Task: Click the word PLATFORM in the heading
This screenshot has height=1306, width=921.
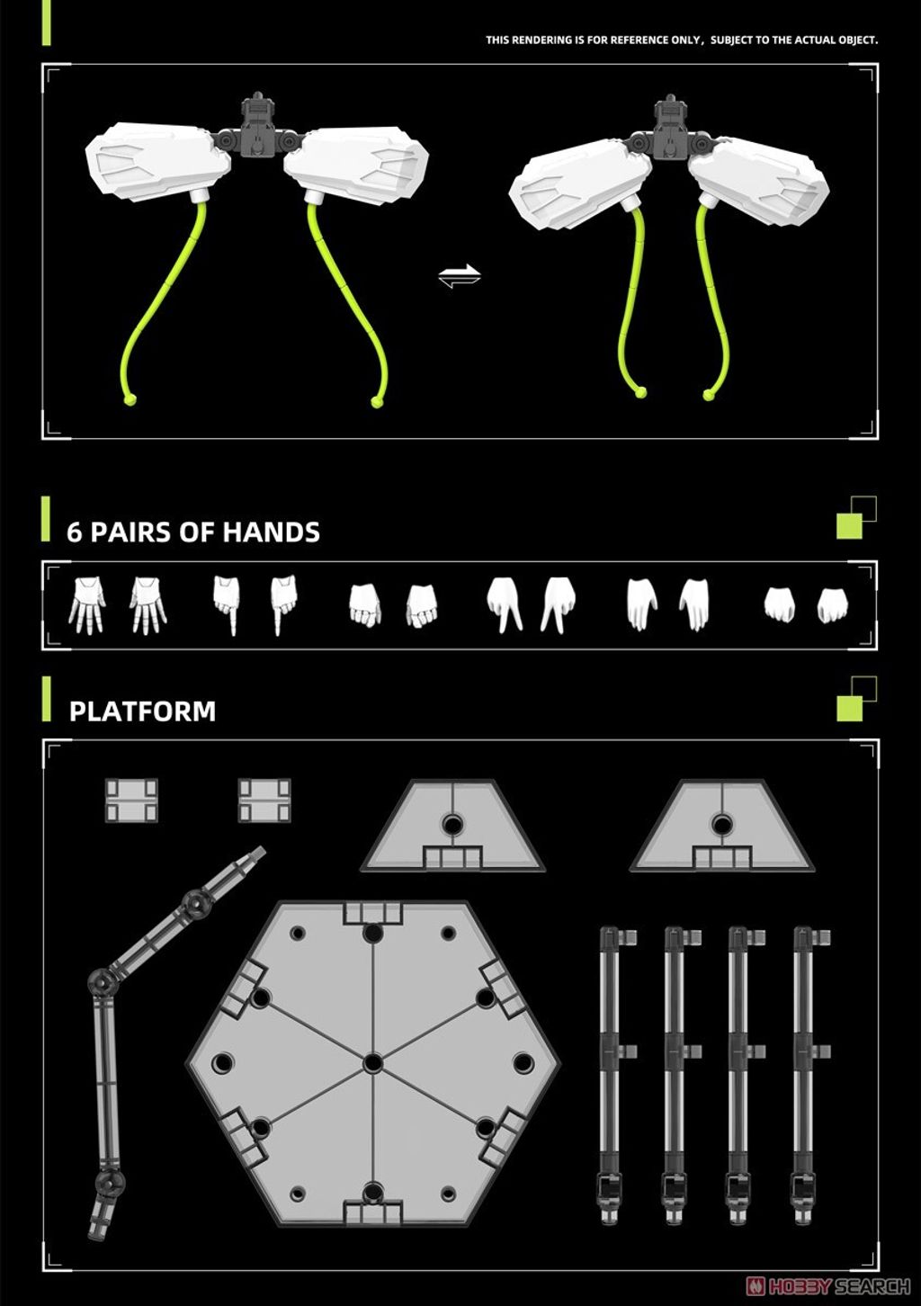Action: (x=142, y=711)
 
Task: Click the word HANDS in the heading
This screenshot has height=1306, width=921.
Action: (x=271, y=532)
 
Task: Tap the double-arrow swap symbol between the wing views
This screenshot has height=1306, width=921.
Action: (x=460, y=275)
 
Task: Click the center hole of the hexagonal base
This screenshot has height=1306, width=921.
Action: (x=372, y=1063)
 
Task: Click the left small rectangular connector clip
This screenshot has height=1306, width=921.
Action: (x=131, y=800)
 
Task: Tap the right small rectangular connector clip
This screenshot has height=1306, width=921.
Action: (x=264, y=800)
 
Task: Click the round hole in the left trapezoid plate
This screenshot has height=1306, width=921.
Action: (x=452, y=825)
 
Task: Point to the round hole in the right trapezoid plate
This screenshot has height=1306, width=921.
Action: (x=721, y=825)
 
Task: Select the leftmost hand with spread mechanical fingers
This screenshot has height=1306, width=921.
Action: (x=87, y=604)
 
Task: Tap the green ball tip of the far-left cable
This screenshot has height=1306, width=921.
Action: (x=130, y=399)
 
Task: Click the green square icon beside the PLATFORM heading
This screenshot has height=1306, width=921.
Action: (x=849, y=708)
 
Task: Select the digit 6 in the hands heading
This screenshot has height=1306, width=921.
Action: (x=75, y=532)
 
